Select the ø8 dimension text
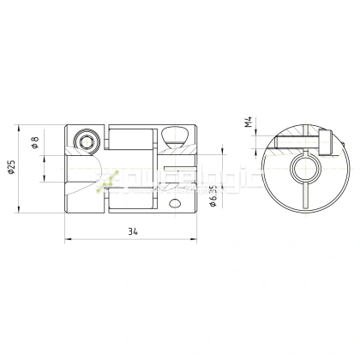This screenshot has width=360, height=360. (x=34, y=144)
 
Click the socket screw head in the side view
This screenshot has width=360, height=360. (x=85, y=141)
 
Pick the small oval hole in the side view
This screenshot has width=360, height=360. (x=176, y=204)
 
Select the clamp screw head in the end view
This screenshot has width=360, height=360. (x=327, y=142)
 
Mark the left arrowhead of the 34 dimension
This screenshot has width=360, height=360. (x=68, y=240)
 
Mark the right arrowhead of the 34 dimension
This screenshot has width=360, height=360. (x=195, y=240)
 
